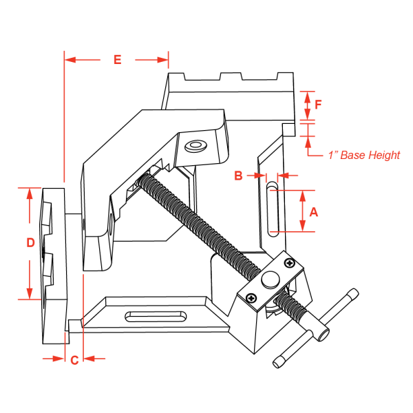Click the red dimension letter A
pyautogui.click(x=314, y=212)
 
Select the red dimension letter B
pyautogui.click(x=238, y=176)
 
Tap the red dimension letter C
pyautogui.click(x=74, y=359)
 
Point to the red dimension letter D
pyautogui.click(x=30, y=242)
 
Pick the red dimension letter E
pyautogui.click(x=117, y=60)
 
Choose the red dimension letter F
pyautogui.click(x=318, y=105)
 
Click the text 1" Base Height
pyautogui.click(x=363, y=156)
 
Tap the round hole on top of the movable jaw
pyautogui.click(x=195, y=146)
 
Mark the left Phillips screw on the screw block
pyautogui.click(x=252, y=298)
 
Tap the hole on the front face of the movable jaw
pyautogui.click(x=111, y=224)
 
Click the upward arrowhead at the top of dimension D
pyautogui.click(x=30, y=193)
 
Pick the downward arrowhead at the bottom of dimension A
pyautogui.click(x=304, y=226)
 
